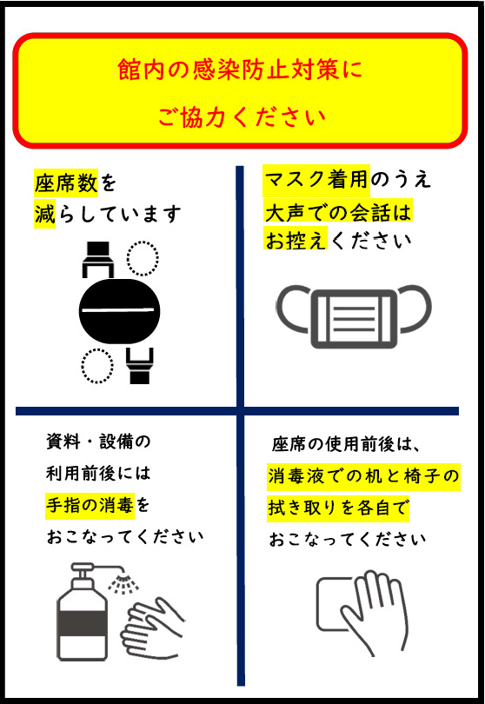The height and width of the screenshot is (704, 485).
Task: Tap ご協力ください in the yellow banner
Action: (x=242, y=116)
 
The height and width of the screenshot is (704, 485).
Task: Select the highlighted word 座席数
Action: (x=66, y=183)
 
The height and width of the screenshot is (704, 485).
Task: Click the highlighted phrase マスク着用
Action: (x=316, y=180)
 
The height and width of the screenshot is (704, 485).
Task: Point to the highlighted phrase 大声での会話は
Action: (x=338, y=212)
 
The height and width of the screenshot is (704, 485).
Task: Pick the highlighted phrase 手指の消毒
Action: (x=90, y=506)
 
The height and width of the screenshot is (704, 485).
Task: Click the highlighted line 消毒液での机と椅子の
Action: (x=363, y=476)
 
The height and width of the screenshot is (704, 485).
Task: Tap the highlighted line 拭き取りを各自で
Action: (x=338, y=508)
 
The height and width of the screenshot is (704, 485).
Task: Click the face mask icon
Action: (x=354, y=316)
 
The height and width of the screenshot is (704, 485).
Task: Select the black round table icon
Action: (x=119, y=310)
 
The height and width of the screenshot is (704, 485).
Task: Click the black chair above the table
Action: (x=98, y=259)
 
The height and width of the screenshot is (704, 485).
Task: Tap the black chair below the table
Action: (x=140, y=365)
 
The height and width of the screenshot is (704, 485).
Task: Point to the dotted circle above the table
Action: (x=143, y=258)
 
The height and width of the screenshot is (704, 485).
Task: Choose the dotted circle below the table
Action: (x=97, y=366)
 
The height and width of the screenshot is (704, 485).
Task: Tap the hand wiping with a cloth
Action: (x=374, y=613)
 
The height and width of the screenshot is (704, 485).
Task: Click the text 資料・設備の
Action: (x=98, y=442)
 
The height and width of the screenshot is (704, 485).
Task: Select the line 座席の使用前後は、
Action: (x=346, y=444)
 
